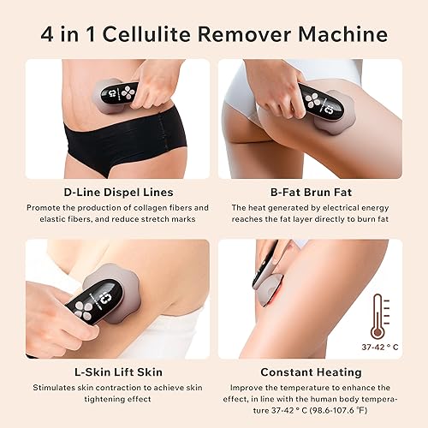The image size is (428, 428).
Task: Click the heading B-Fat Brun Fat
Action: pos(309,193)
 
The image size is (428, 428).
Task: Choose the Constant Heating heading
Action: pos(309,372)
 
